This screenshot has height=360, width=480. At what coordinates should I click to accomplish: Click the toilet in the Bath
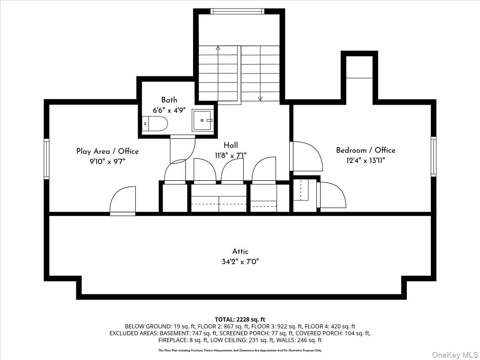coord(155,124)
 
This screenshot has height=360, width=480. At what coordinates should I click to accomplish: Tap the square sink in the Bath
coord(202,120)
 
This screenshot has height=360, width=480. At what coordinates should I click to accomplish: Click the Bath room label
coord(169,100)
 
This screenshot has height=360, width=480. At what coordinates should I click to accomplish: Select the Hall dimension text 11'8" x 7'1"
coord(231,156)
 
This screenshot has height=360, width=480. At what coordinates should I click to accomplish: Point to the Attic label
coord(240,251)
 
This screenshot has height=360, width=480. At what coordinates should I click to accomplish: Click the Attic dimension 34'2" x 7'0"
coord(240,262)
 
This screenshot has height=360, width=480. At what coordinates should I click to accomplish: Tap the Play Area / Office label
coord(107,151)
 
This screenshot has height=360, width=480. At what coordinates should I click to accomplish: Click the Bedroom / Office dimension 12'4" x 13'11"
coord(366,161)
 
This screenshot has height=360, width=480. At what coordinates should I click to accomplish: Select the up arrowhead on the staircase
coord(218,48)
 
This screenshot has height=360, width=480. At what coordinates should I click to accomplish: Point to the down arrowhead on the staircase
coord(260,99)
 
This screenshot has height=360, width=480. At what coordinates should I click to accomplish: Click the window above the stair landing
coord(237,11)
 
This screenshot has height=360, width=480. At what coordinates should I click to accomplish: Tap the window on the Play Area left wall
coord(46,159)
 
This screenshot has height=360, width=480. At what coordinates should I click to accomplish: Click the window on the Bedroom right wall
coord(434,156)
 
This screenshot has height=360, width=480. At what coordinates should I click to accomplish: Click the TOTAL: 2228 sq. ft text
coord(240,320)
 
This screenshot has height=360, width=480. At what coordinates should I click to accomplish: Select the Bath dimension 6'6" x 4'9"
coord(169,110)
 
